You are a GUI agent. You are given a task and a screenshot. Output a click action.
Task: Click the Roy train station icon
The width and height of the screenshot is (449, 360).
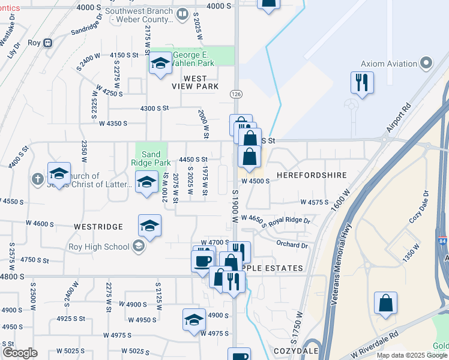(x=47, y=43)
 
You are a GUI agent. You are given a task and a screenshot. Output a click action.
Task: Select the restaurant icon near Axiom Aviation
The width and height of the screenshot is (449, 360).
(x=362, y=82)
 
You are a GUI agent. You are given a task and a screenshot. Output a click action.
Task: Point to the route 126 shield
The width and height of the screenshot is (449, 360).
(x=235, y=94)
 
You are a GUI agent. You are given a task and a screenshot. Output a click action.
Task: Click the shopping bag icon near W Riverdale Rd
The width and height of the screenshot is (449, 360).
(x=385, y=303)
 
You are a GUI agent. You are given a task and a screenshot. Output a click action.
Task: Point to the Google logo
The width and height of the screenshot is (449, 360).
(x=20, y=353)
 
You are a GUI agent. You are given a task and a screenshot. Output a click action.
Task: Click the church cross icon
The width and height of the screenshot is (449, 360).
(x=37, y=179)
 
